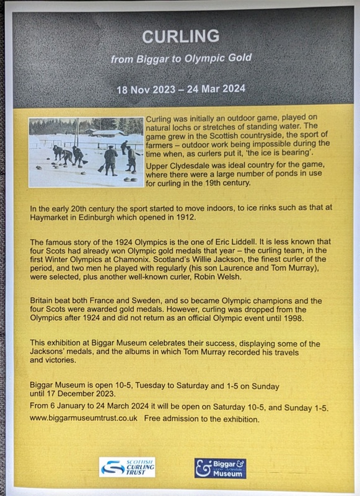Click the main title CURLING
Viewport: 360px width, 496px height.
(180, 37)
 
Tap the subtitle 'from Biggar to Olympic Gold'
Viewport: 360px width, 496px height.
(180, 59)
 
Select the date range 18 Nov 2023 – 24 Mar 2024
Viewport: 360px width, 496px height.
(180, 89)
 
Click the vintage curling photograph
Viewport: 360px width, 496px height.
(86, 152)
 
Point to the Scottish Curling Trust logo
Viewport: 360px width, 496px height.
(128, 467)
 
